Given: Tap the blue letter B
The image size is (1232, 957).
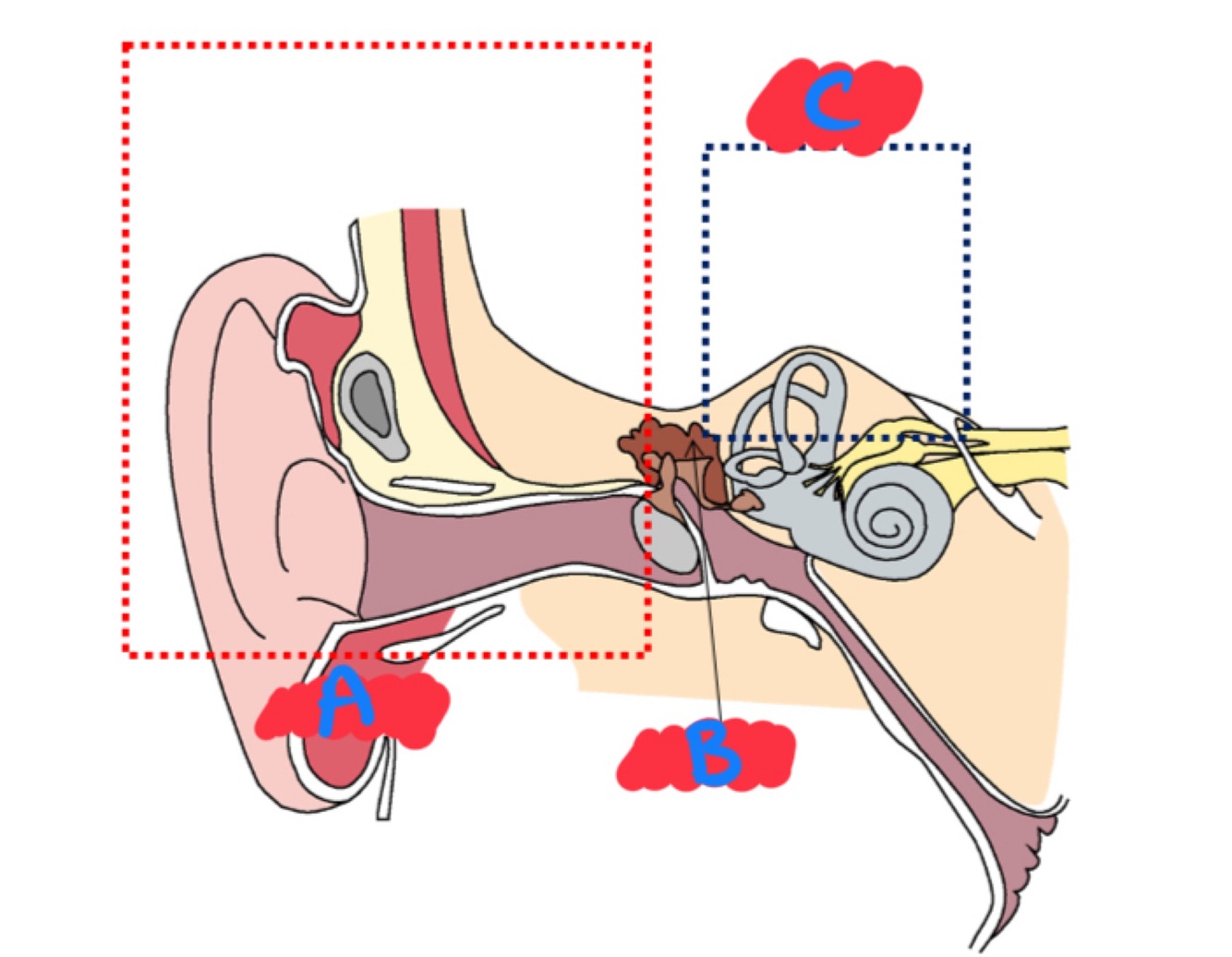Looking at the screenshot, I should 713,755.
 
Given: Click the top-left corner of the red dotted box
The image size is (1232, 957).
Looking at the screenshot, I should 126,45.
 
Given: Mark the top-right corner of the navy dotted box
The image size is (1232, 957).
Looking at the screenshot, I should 966,147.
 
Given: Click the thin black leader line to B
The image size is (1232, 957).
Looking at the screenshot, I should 712,628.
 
